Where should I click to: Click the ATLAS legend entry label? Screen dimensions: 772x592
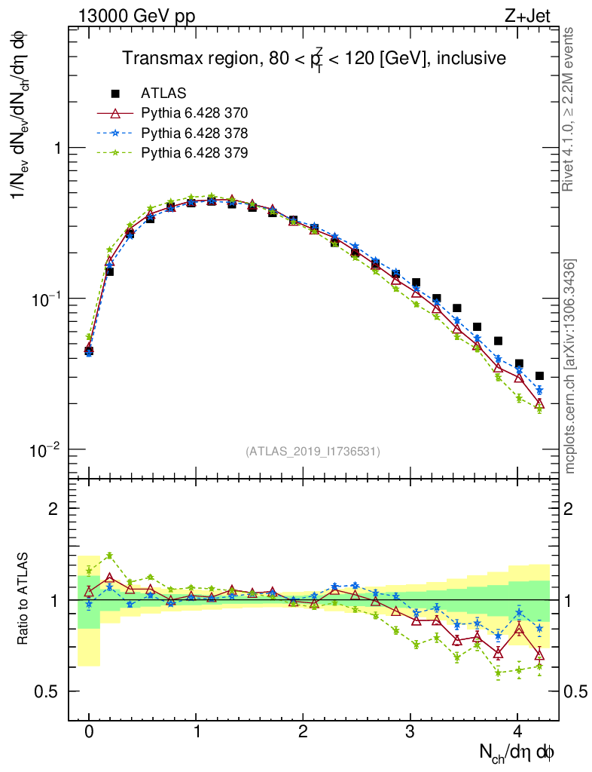[163, 93]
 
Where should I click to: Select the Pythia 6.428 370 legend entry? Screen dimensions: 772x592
[194, 114]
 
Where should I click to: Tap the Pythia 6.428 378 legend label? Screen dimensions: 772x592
[194, 133]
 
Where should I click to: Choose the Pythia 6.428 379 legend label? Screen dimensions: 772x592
[194, 153]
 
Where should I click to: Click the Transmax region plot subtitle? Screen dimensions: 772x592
[313, 58]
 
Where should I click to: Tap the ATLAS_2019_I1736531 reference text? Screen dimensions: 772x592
[313, 452]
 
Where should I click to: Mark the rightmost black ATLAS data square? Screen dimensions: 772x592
[539, 375]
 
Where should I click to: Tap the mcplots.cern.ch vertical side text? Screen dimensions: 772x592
[570, 366]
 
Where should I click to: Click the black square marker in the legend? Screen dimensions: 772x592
[115, 93]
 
